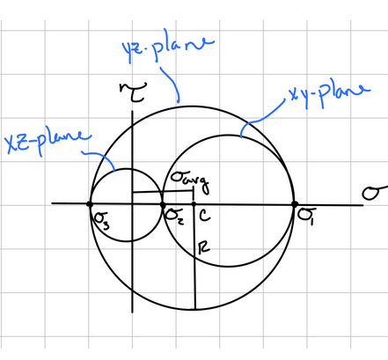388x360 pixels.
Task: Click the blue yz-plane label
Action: [168, 47]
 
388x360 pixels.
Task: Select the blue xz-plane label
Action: [48, 142]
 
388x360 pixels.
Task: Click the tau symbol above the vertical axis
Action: [133, 92]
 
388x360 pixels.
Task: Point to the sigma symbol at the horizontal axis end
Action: [375, 193]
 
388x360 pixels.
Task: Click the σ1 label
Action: [307, 216]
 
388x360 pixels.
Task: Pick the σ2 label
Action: [175, 217]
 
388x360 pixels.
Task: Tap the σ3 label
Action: [102, 220]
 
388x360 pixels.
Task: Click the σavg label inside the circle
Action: [189, 182]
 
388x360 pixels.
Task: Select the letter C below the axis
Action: [205, 216]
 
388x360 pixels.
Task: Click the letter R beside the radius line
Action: [204, 247]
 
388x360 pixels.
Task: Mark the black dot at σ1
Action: [295, 204]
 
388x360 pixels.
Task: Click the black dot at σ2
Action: [163, 205]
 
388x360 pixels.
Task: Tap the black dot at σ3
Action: [90, 204]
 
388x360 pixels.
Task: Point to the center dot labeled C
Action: [194, 204]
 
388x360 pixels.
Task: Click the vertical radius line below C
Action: [194, 257]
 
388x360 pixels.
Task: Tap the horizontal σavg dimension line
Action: [163, 192]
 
